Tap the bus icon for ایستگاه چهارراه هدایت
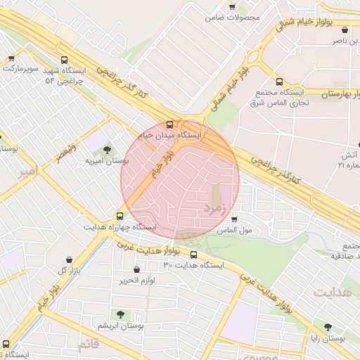point(120,216)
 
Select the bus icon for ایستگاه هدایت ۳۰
point(194,255)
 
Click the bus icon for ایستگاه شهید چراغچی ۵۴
point(65,60)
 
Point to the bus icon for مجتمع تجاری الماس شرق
point(280,82)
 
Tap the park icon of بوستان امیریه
point(107,149)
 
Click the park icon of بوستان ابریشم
point(120,314)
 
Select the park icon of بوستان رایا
point(328,327)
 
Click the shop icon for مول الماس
point(234,219)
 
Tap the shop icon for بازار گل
point(68,259)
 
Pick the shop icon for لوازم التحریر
point(136,269)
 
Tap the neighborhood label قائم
point(89,344)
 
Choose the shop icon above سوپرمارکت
point(11,59)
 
